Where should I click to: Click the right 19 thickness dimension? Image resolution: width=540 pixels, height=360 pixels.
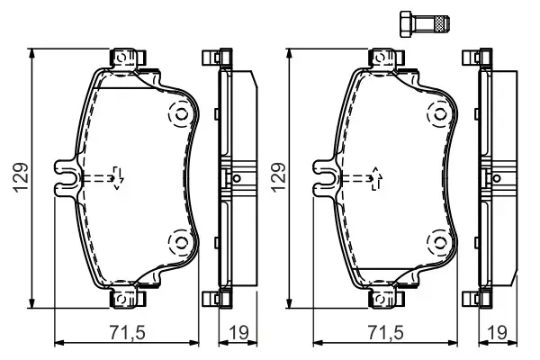tap(493, 331)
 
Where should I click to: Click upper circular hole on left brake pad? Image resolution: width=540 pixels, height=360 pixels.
tap(179, 115)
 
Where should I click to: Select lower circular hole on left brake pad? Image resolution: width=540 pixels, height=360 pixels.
tap(179, 241)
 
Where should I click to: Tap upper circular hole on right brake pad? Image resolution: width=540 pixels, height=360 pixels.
tap(437, 115)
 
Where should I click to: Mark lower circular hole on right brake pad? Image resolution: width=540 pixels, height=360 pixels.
tap(437, 241)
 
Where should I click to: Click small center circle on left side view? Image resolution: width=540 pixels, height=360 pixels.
tap(237, 178)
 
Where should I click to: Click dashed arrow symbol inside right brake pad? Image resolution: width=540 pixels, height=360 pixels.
tap(371, 179)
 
